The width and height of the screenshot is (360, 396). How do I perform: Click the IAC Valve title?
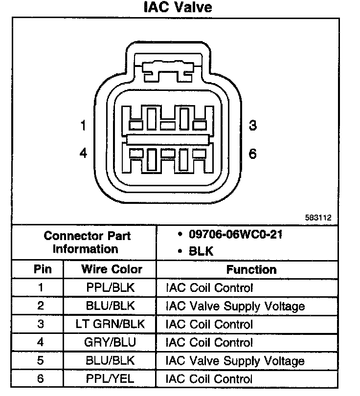[178, 8]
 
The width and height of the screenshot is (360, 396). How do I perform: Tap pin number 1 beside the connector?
[84, 126]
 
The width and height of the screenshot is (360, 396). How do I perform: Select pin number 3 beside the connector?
[252, 126]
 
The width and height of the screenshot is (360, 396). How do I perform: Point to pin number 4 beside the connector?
[84, 154]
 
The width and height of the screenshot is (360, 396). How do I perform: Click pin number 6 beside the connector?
[252, 154]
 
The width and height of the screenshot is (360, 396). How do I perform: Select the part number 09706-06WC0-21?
[235, 234]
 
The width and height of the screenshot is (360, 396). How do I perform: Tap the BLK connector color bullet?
[200, 252]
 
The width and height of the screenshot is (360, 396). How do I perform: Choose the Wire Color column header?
[112, 269]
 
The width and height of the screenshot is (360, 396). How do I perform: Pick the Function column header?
[251, 269]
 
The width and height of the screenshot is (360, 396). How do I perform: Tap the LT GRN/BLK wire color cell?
[111, 325]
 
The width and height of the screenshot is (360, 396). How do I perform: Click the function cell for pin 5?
[235, 361]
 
